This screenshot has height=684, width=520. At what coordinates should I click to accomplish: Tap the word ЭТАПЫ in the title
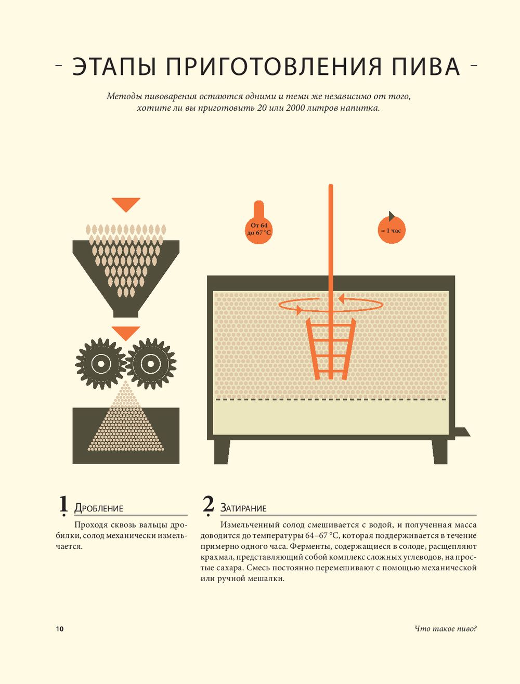(x=114, y=66)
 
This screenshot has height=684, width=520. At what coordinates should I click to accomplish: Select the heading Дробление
(x=98, y=508)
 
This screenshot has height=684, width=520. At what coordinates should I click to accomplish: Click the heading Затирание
(x=243, y=508)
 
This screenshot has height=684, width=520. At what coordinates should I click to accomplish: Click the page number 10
(x=60, y=629)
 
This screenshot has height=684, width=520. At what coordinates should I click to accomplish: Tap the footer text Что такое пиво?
(x=446, y=629)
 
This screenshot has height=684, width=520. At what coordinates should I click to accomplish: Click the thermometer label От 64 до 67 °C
(x=259, y=229)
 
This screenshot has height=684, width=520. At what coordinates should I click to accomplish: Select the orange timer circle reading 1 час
(x=392, y=230)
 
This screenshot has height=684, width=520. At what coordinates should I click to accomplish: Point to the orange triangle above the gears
(x=126, y=332)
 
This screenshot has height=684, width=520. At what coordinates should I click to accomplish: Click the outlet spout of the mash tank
(x=462, y=432)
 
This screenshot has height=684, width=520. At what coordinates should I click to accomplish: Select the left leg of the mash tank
(x=222, y=452)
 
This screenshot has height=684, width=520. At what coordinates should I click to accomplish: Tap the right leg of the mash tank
(x=439, y=452)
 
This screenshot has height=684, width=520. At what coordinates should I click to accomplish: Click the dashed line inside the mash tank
(x=331, y=399)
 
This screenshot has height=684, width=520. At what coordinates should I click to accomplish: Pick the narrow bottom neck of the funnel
(x=126, y=313)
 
